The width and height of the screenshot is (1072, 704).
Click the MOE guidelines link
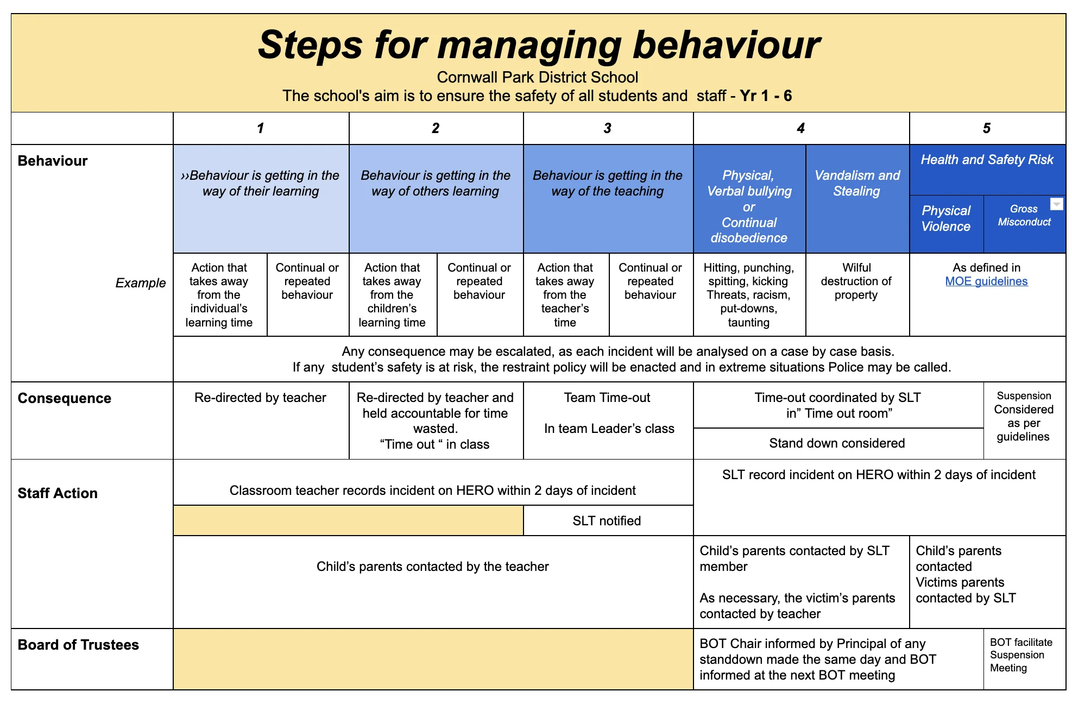[986, 281]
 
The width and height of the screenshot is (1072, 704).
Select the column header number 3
[607, 128]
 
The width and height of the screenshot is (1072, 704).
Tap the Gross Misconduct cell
[1024, 216]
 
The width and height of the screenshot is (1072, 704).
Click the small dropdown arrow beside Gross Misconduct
[1056, 204]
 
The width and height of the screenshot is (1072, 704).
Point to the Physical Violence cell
[945, 218]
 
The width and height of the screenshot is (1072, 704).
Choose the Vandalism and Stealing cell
[857, 183]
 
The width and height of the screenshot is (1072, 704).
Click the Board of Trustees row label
[78, 645]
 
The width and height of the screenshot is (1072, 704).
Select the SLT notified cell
[607, 521]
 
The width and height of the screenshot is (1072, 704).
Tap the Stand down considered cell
[837, 443]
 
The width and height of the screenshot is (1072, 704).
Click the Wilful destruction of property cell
[856, 281]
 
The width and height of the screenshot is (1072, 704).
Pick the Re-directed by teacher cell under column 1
[260, 398]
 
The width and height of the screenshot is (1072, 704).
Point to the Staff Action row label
[58, 493]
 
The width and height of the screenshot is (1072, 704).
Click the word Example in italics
[140, 283]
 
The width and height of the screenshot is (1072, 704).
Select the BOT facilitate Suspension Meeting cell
[1021, 655]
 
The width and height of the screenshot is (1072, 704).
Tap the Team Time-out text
[607, 398]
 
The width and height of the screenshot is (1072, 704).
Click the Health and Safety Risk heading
[987, 160]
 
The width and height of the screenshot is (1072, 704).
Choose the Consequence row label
[64, 398]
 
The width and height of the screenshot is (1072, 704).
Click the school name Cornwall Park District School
[537, 77]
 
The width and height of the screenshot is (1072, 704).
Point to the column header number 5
[986, 128]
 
